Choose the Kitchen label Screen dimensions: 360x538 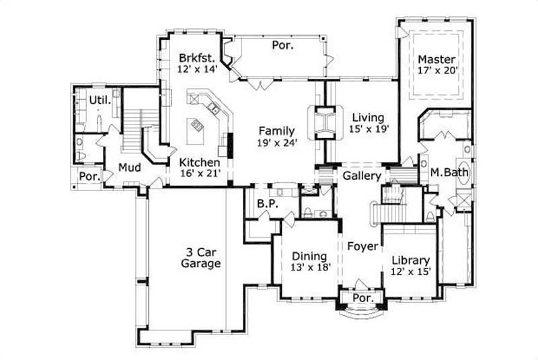(x=199, y=163)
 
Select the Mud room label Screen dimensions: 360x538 (x=129, y=168)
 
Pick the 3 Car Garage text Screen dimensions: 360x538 (x=200, y=258)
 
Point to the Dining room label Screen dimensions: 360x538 (x=309, y=256)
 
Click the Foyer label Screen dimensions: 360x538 (x=361, y=246)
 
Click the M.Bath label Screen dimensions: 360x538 (x=451, y=172)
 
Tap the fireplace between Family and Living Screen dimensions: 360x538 (x=325, y=121)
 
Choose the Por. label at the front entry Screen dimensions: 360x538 (x=363, y=297)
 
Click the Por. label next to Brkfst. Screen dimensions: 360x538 (x=281, y=45)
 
